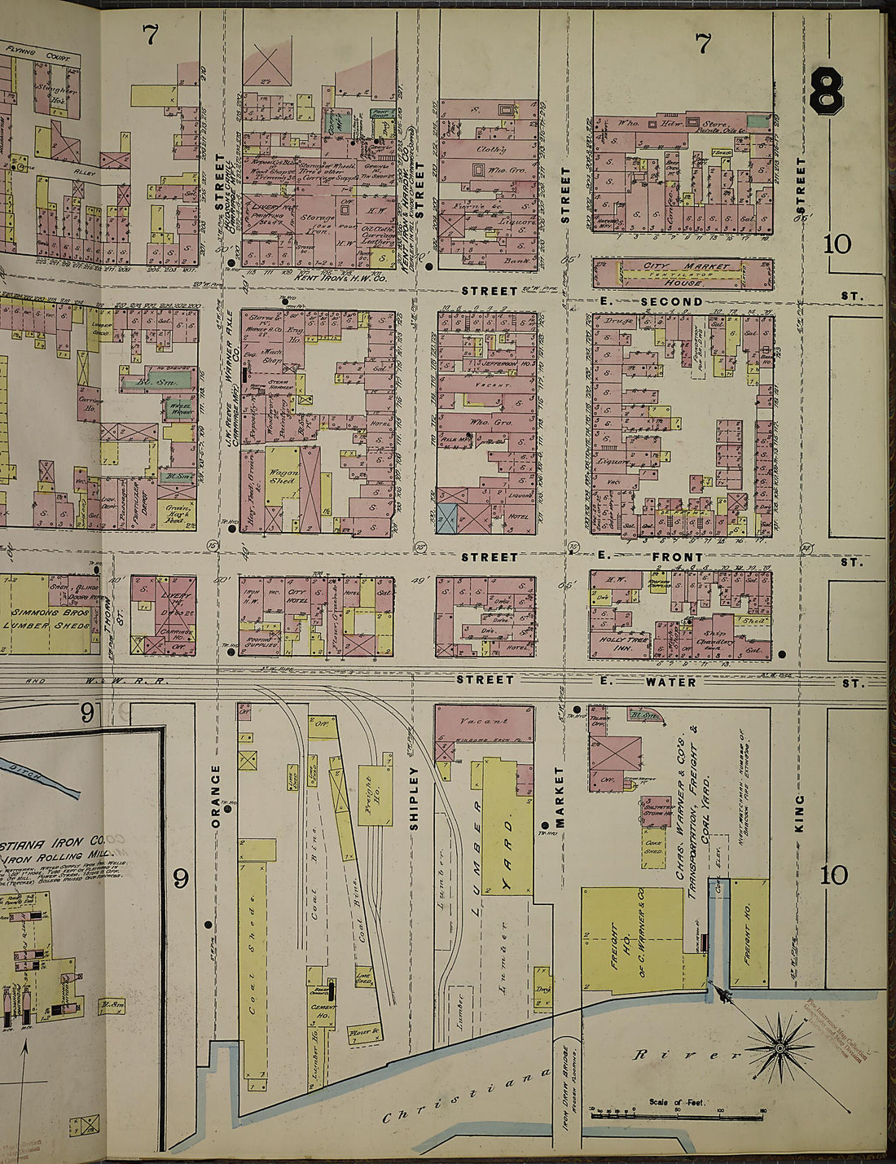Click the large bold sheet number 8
pyautogui.click(x=826, y=90)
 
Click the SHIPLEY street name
pyautogui.click(x=414, y=797)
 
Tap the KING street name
pyautogui.click(x=799, y=813)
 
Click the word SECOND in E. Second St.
pyautogui.click(x=671, y=301)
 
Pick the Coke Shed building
pyautogui.click(x=652, y=845)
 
